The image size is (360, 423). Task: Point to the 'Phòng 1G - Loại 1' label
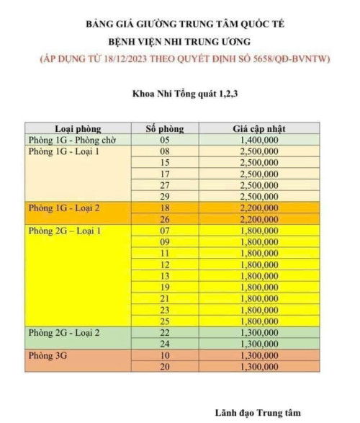pos(63,152)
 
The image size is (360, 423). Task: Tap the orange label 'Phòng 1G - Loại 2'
pos(63,208)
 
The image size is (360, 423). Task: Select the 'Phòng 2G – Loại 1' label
pos(65,231)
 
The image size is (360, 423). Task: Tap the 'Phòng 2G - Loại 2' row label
pos(63,333)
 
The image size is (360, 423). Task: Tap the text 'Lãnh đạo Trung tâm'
pos(256,413)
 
